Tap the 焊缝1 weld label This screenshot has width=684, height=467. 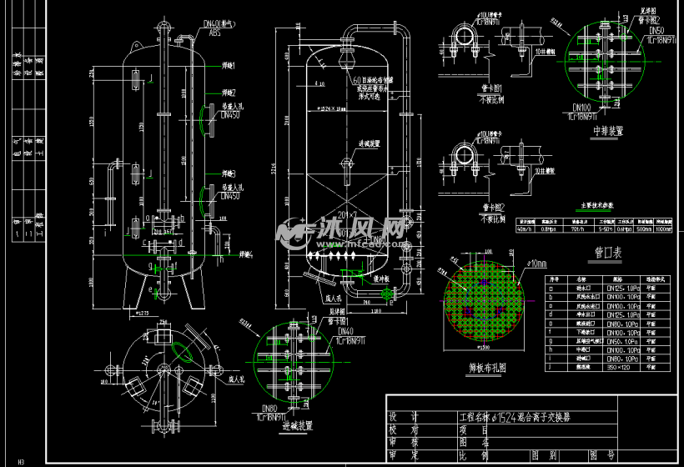(x=229, y=65)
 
